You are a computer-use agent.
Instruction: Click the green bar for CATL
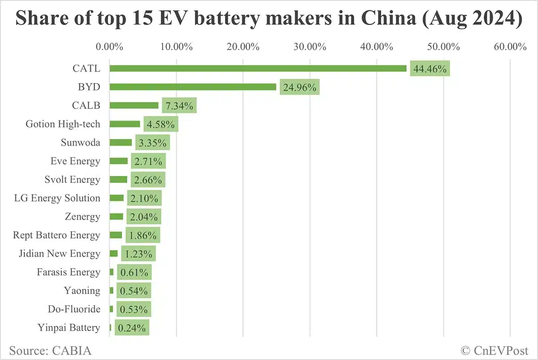tap(258, 69)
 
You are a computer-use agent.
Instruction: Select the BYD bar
tap(193, 87)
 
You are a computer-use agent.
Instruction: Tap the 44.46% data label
tap(430, 69)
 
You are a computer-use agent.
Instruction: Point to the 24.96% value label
tap(299, 87)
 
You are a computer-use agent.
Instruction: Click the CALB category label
tap(86, 105)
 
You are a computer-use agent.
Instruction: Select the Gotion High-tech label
tap(63, 124)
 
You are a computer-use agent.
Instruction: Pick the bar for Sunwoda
tap(121, 143)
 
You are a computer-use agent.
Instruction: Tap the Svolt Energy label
tap(72, 180)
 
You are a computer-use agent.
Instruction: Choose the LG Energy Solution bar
tap(117, 198)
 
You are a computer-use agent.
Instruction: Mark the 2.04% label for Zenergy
tap(143, 217)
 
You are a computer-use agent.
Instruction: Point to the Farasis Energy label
tap(69, 272)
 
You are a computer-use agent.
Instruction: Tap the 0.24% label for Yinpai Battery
tap(132, 328)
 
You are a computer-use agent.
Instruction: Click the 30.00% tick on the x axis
tap(310, 47)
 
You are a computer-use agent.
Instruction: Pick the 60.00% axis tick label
tap(510, 47)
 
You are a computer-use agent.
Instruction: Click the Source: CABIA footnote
tap(50, 350)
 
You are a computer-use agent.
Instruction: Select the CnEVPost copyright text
tap(495, 350)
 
